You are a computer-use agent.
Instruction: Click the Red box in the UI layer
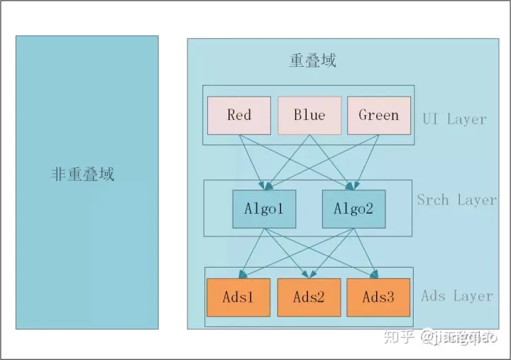pos(238,115)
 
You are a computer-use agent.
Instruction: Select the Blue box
pos(309,115)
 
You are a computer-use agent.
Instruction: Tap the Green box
pos(378,115)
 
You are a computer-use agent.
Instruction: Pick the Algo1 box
pos(264,209)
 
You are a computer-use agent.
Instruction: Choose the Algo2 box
pos(353,209)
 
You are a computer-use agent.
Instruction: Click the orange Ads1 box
pos(238,297)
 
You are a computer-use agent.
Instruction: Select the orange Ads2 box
pos(309,297)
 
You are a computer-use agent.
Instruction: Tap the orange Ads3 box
pos(378,297)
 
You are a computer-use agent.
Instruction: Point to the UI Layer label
pos(454,119)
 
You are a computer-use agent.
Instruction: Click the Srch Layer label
pos(456,200)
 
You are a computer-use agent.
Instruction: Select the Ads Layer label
pos(456,295)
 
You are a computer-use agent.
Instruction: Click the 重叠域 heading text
pos(312,60)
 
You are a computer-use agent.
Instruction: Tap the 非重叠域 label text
pos(83,174)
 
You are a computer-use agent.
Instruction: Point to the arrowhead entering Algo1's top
pos(264,187)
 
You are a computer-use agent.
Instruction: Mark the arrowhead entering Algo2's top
pos(353,187)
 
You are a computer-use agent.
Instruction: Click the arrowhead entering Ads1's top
pos(241,276)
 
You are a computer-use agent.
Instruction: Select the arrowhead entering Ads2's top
pos(309,276)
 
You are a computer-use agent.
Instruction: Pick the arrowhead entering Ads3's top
pos(376,276)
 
